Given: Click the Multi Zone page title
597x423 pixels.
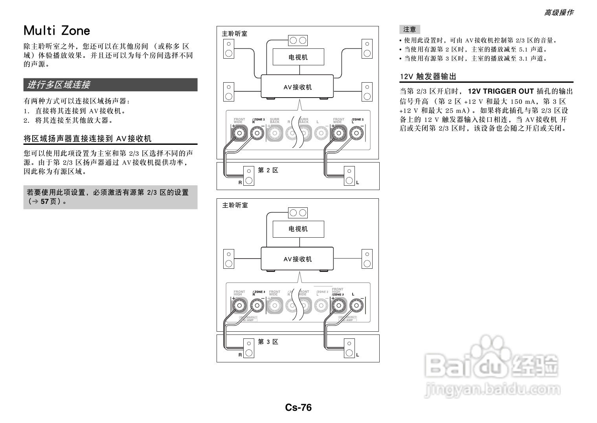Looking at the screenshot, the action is coord(57,31).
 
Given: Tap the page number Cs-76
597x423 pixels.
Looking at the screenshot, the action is coord(298,408).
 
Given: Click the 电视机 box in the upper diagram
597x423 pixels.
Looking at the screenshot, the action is coord(298,57).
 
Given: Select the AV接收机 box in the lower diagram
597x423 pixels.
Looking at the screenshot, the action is coord(298,259).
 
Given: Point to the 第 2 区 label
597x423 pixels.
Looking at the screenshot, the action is coord(268,170).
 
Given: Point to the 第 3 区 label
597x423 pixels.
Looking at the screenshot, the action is coord(268,342).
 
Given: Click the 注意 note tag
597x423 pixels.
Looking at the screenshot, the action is coord(410,30).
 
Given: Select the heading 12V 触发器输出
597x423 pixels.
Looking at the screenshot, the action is coord(428,77).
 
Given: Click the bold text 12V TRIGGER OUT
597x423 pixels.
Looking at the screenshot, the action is coord(501,91).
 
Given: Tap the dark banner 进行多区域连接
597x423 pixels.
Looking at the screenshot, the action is coord(110,85).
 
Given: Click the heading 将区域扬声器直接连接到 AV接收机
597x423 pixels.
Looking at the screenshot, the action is coord(88,139).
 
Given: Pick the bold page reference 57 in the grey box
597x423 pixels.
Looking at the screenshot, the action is coord(44,201).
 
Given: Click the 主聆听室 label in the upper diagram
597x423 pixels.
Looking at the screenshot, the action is coord(235,34).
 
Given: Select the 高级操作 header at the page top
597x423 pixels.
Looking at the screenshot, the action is coord(558,13).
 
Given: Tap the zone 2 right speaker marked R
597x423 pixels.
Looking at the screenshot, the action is coord(248,176).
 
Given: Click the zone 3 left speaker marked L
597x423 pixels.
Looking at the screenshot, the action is coord(349,348).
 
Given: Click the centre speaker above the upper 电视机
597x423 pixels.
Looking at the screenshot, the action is coord(298,41).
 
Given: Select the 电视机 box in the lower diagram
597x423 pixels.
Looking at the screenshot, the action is coord(298,229).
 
